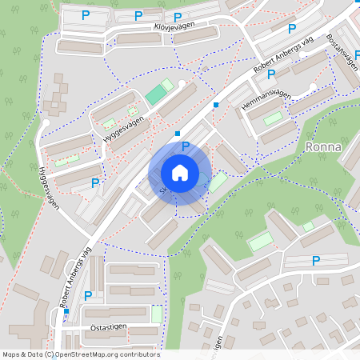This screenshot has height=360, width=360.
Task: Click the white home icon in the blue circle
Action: [180, 173]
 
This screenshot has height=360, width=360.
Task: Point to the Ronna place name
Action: [323, 147]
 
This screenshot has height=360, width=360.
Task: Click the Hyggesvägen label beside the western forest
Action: [49, 189]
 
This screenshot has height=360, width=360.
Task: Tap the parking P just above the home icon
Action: [186, 146]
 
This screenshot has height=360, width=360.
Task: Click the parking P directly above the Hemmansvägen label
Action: [271, 74]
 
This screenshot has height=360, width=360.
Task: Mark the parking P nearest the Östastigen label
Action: [88, 296]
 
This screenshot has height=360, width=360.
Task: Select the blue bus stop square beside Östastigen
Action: [66, 311]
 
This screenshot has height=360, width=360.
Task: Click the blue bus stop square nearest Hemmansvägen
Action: [215, 104]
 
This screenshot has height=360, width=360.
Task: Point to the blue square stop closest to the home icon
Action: [177, 133]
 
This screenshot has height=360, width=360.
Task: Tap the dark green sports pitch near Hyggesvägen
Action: [156, 95]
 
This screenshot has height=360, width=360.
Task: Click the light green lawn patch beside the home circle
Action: [217, 182]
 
